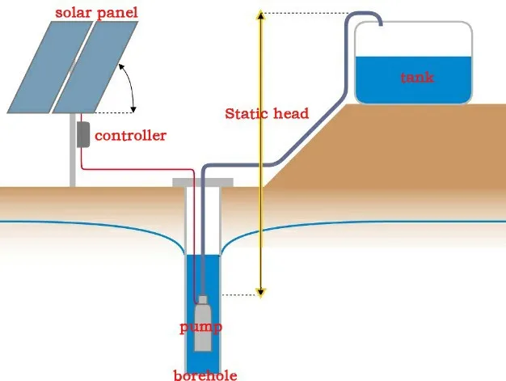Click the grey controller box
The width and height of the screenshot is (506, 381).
(82, 133)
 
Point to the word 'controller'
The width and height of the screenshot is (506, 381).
(131, 135)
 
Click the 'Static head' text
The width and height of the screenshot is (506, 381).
(266, 113)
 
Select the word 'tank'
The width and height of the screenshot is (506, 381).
(417, 78)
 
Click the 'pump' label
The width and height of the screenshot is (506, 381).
(200, 327)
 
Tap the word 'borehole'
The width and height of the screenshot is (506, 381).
(205, 375)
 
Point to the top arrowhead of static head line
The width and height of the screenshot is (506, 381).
(260, 15)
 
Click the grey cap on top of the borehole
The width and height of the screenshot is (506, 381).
(203, 183)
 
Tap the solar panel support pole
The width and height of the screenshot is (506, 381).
(72, 162)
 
